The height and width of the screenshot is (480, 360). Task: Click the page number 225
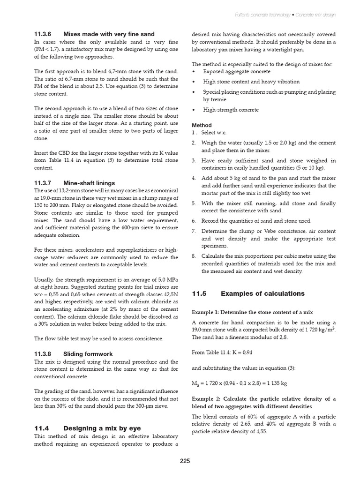[x=185, y=461]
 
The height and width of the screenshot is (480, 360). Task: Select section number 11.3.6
[x=42, y=34]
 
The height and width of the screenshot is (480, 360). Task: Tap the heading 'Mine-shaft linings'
[x=89, y=183]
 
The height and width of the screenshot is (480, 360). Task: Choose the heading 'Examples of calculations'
[x=262, y=293]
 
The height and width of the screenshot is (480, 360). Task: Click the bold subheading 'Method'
[x=202, y=125]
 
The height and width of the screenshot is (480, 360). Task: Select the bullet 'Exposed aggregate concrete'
[x=236, y=71]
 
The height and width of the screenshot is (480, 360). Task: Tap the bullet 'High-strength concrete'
[x=231, y=110]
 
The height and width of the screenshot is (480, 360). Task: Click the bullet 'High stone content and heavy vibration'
[x=251, y=82]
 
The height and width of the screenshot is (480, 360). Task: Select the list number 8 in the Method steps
[x=194, y=256]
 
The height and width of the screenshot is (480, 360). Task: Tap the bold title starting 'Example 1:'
[x=252, y=312]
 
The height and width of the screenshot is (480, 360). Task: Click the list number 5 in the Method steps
[x=194, y=203]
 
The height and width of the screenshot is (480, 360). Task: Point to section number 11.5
[x=199, y=293]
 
